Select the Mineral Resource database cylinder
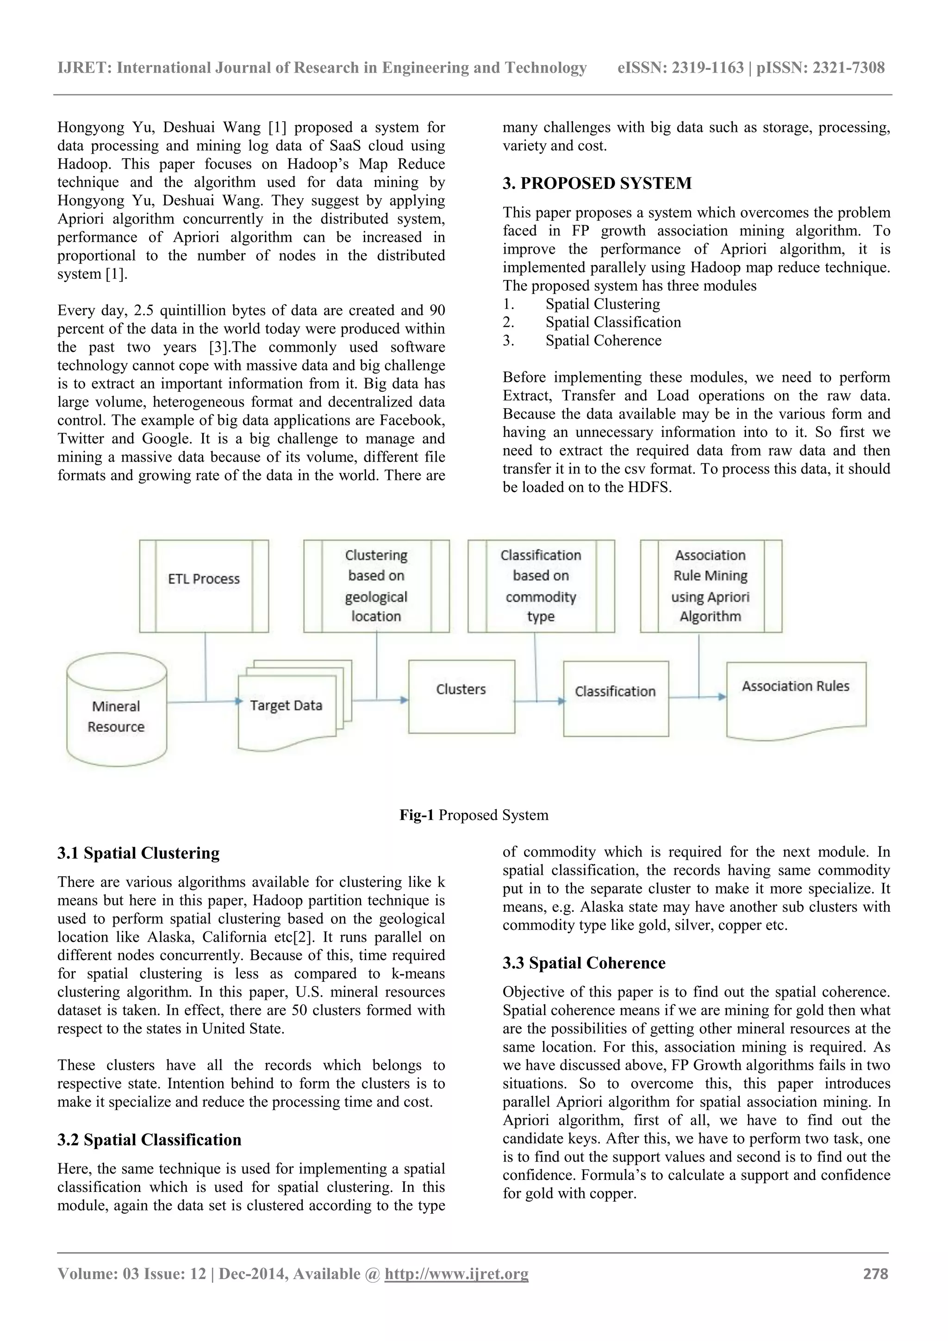(116, 710)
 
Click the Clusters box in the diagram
(462, 696)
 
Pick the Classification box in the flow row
(616, 699)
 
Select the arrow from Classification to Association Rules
(698, 697)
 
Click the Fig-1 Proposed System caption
(474, 815)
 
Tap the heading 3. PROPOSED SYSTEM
(597, 183)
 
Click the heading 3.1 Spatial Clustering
(138, 853)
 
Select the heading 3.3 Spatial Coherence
(584, 963)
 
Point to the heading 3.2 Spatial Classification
(149, 1140)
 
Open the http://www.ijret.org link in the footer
(456, 1274)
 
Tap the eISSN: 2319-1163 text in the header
(680, 68)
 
